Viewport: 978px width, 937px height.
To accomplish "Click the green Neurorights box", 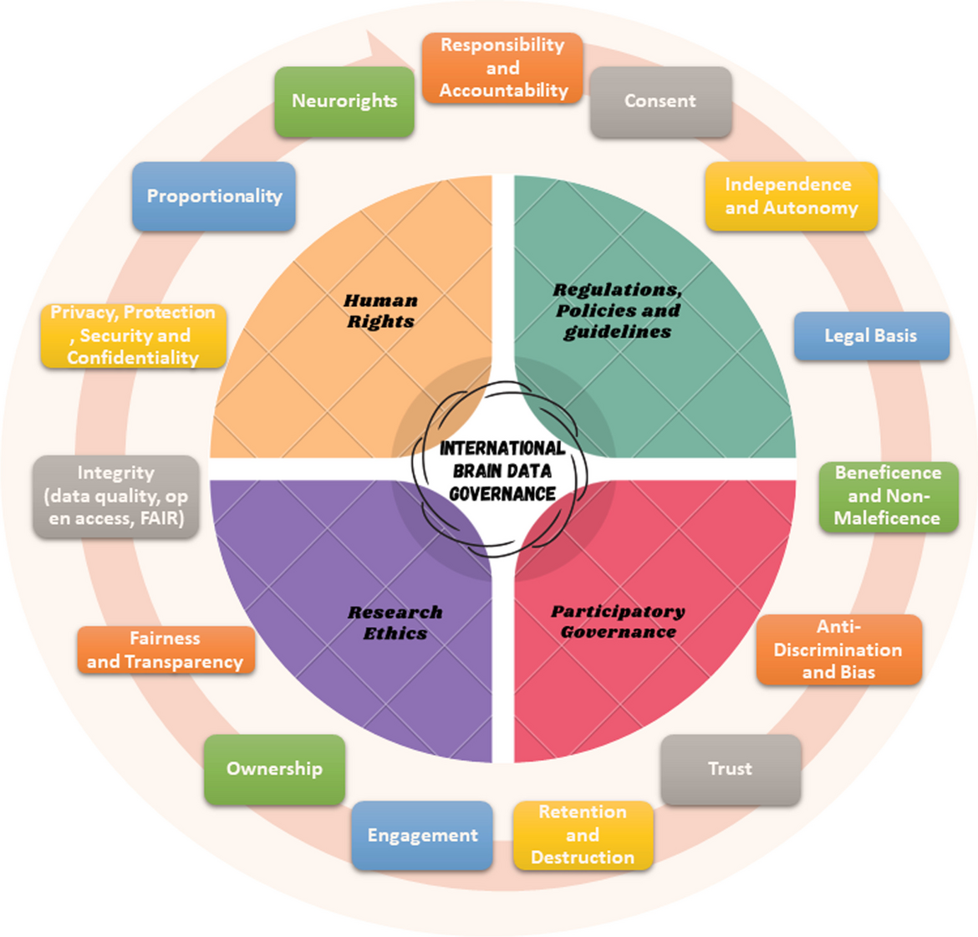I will (x=344, y=101).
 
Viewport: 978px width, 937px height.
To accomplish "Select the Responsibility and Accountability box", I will (x=502, y=68).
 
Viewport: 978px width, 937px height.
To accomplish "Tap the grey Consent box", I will (x=660, y=101).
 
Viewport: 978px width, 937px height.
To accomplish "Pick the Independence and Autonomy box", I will (x=791, y=196).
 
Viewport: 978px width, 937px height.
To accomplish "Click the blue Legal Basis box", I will (x=871, y=336).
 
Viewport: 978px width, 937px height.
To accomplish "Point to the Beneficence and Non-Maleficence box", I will (x=888, y=496).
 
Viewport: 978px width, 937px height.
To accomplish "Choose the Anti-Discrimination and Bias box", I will (x=838, y=649).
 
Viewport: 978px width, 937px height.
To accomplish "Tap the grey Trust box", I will (x=731, y=769).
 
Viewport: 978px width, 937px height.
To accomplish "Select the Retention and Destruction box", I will (x=583, y=835).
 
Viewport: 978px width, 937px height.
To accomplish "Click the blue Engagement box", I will (x=422, y=835).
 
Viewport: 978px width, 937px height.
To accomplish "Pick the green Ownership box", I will (x=274, y=769).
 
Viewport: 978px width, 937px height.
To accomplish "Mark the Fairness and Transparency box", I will (x=166, y=650).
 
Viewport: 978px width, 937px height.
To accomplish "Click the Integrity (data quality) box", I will (x=116, y=496).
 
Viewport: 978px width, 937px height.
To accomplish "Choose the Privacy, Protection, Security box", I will (x=133, y=335).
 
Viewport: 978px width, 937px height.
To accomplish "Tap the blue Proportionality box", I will (x=214, y=196).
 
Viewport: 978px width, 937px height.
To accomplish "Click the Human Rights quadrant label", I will (x=381, y=311).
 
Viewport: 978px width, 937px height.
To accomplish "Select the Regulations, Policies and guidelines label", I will (x=618, y=311).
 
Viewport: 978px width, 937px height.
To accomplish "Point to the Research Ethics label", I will (x=395, y=623).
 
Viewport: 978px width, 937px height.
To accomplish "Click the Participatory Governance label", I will (x=618, y=622).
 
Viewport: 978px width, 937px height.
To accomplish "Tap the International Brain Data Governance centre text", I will (x=502, y=471).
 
